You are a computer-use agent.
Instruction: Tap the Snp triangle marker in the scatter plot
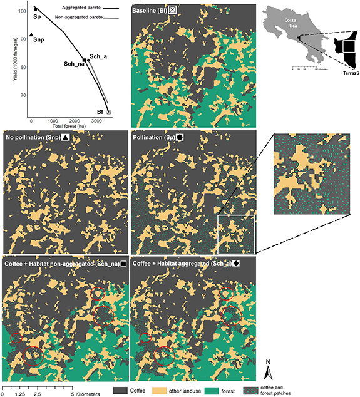(31, 35)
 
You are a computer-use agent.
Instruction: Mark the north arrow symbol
(267, 372)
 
